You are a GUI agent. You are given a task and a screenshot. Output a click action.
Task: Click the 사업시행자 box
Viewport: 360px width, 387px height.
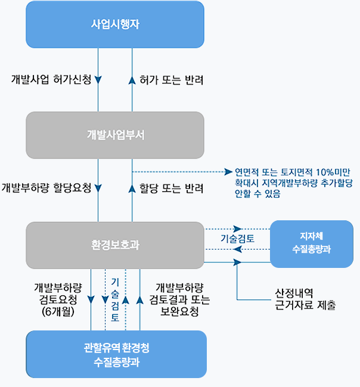click(115, 24)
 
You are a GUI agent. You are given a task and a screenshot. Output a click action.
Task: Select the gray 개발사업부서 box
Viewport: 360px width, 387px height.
click(115, 135)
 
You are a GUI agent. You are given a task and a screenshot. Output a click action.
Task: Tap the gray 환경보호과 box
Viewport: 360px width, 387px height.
click(115, 245)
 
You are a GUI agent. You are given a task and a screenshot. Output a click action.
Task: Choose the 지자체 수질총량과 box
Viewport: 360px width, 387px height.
click(311, 244)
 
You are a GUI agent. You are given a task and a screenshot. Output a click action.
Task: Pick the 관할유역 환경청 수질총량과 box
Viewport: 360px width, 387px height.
click(116, 354)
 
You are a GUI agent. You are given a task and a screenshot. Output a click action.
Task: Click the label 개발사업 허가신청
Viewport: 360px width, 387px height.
click(51, 79)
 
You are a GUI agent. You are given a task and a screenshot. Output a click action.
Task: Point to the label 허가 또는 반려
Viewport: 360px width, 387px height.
click(172, 79)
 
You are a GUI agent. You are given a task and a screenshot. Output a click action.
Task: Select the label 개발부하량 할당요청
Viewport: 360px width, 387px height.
click(46, 188)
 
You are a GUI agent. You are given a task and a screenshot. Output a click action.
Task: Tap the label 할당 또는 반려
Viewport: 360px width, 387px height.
click(172, 188)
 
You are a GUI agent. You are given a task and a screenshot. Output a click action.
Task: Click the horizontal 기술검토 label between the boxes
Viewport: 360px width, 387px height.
click(237, 239)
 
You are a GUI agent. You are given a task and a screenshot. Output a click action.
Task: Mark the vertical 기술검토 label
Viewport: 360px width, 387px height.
click(115, 299)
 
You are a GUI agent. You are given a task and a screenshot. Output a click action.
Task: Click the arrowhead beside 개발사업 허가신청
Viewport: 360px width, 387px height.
click(98, 79)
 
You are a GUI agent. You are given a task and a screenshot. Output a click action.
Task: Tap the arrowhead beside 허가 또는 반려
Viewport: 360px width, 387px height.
click(132, 79)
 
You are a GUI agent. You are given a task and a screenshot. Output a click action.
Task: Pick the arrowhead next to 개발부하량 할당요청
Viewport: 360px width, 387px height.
click(98, 188)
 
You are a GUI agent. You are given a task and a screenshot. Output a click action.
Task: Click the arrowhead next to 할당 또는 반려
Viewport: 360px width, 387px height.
click(132, 188)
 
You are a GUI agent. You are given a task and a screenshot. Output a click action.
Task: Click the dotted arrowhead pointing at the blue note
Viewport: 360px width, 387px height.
click(228, 171)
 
